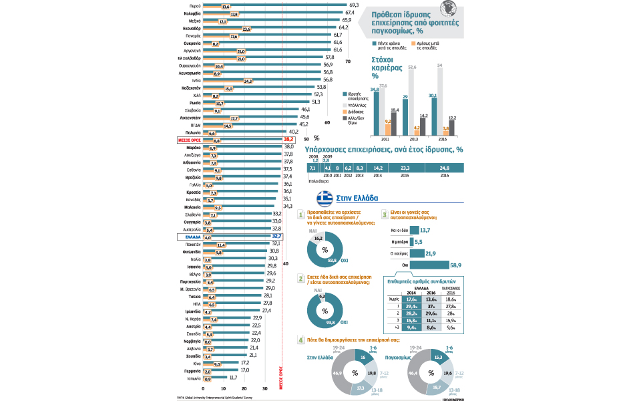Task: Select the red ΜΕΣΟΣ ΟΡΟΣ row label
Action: (190, 140)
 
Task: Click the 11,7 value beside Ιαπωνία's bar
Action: (233, 378)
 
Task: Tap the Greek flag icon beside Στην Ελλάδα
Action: (325, 198)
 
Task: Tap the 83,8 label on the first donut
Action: (332, 259)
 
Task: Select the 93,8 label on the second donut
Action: (331, 321)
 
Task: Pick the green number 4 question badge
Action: (300, 340)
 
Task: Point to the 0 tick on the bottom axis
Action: (203, 388)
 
